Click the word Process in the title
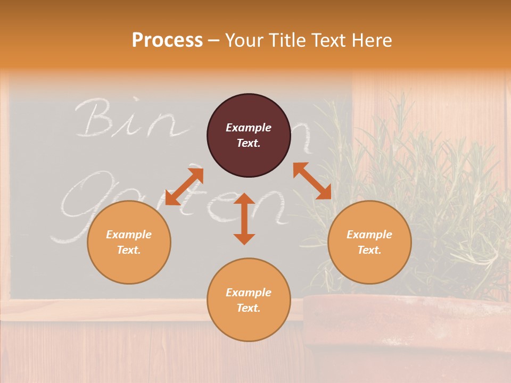(x=167, y=40)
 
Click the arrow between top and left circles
(x=184, y=186)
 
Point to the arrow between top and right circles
(x=312, y=181)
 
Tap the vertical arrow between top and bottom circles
(x=244, y=219)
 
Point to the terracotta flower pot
(x=405, y=330)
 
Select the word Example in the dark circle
(x=249, y=128)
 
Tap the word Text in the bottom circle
(x=249, y=308)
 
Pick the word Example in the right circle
(x=369, y=235)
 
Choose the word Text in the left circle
(x=129, y=250)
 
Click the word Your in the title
(x=242, y=40)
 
